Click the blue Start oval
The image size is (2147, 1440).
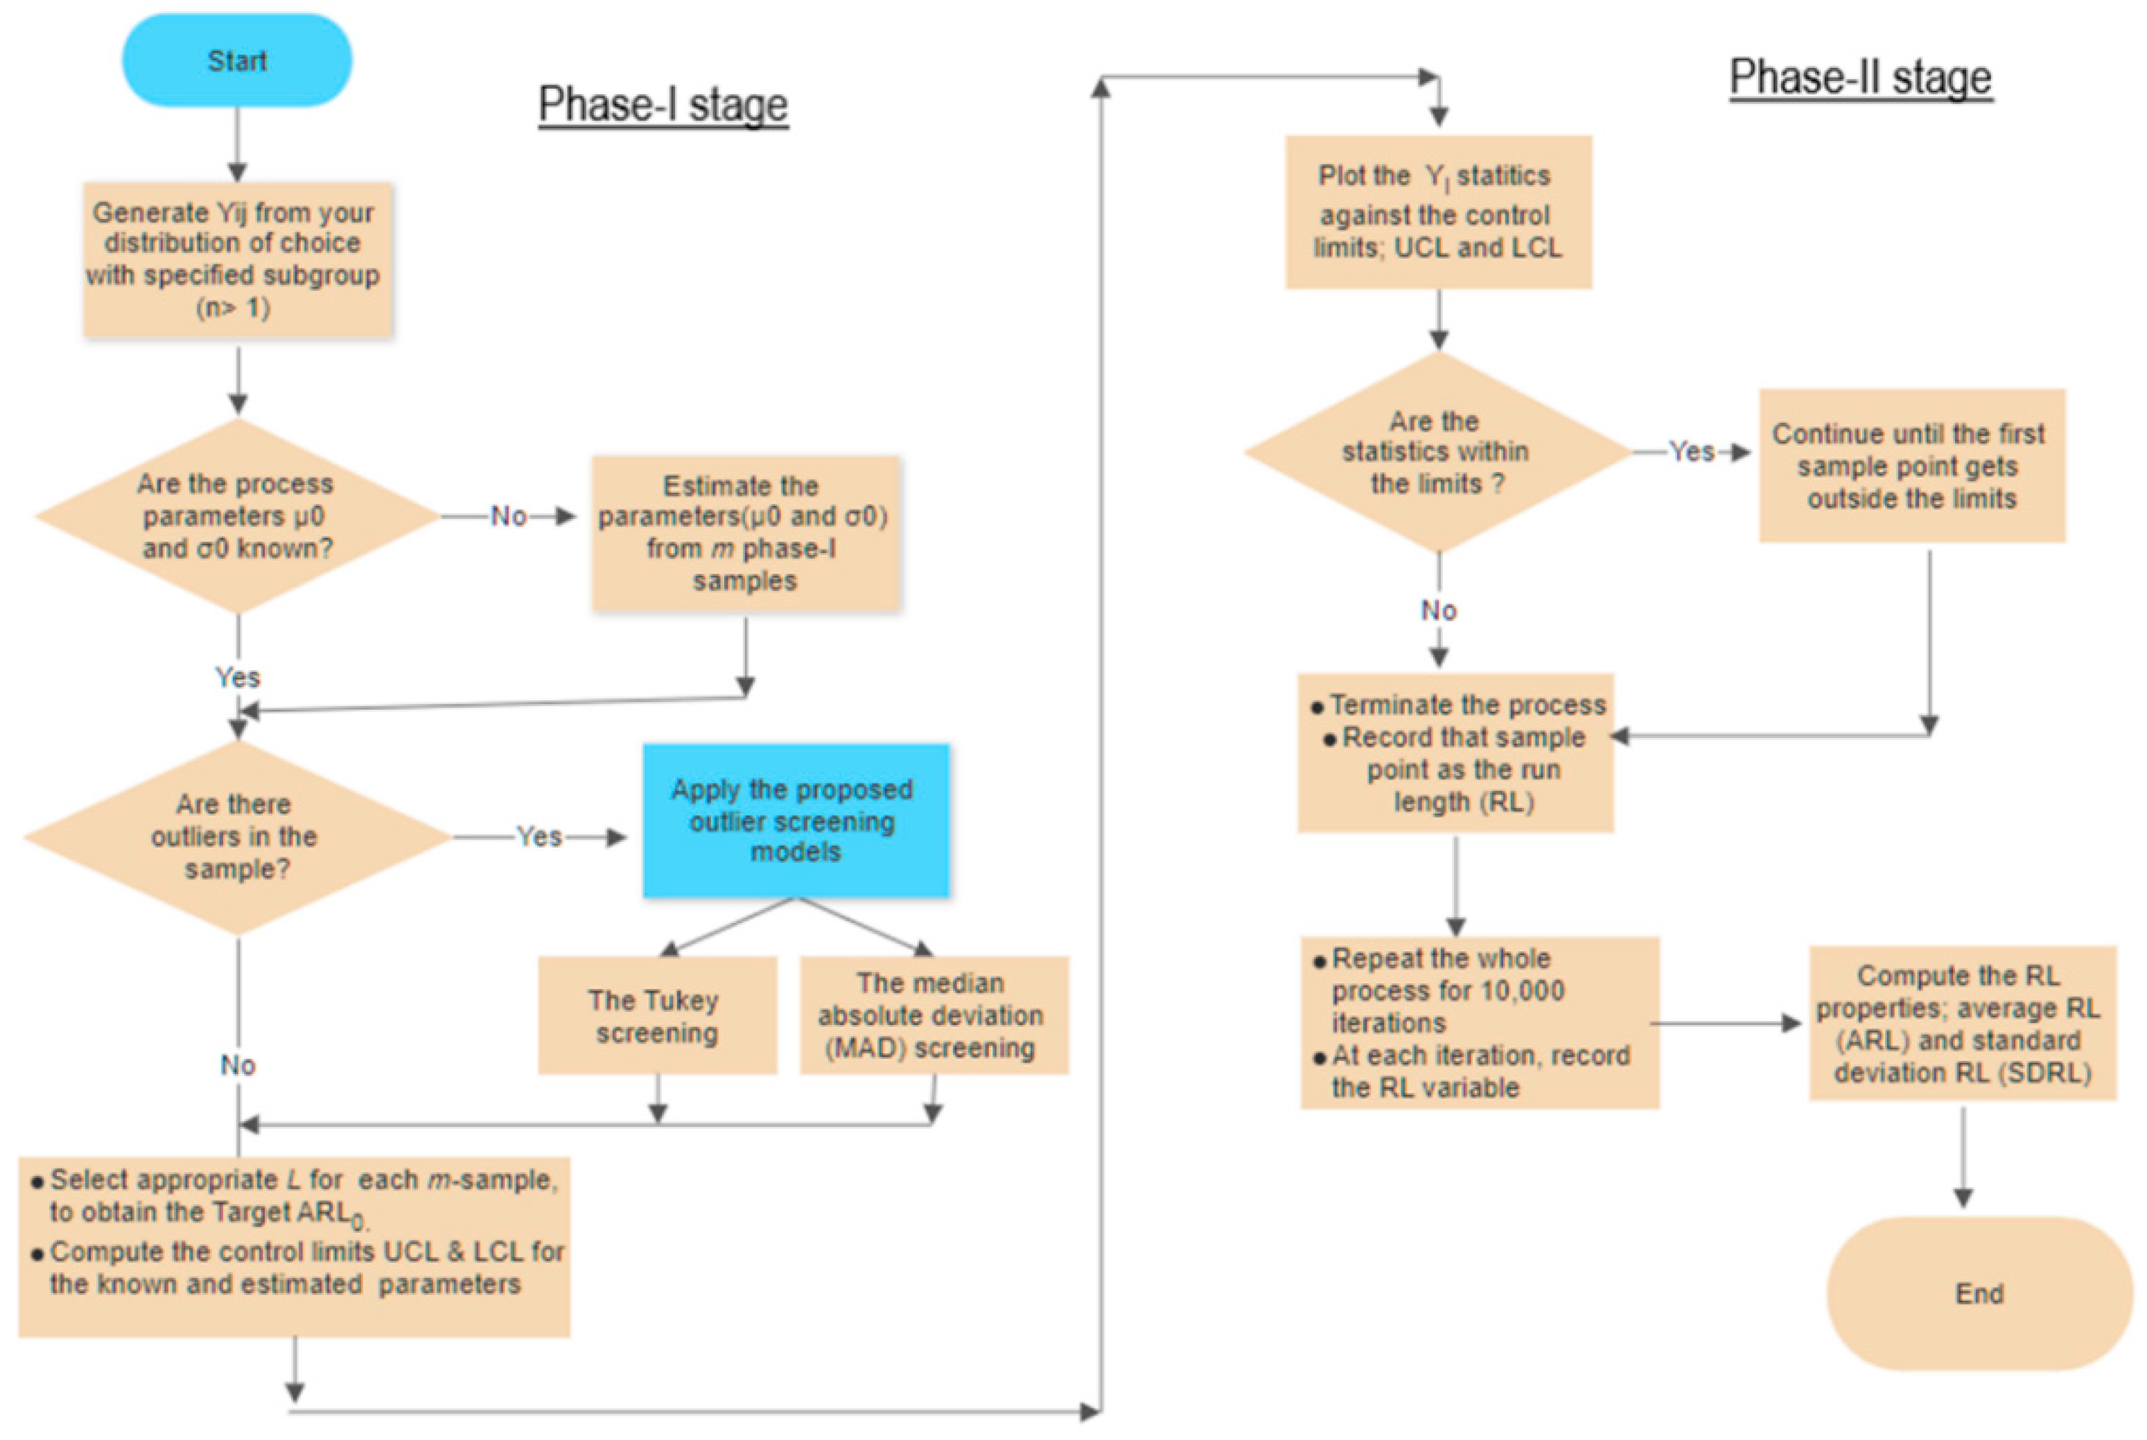coord(237,60)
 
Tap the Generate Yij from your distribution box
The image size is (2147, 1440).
coord(237,260)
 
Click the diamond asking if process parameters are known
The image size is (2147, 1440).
coord(237,516)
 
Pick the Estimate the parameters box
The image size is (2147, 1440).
coord(745,533)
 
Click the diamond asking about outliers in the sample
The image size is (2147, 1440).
coord(237,836)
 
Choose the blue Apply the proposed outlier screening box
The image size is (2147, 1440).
coord(796,820)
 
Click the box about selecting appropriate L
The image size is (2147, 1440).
coord(294,1246)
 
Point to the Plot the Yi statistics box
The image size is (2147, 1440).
coord(1437,212)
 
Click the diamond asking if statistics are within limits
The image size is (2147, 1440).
coord(1437,452)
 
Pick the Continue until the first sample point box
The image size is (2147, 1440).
coord(1911,466)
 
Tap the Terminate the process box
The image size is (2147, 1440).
coord(1455,753)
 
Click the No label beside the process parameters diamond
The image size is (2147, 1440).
coord(508,516)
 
